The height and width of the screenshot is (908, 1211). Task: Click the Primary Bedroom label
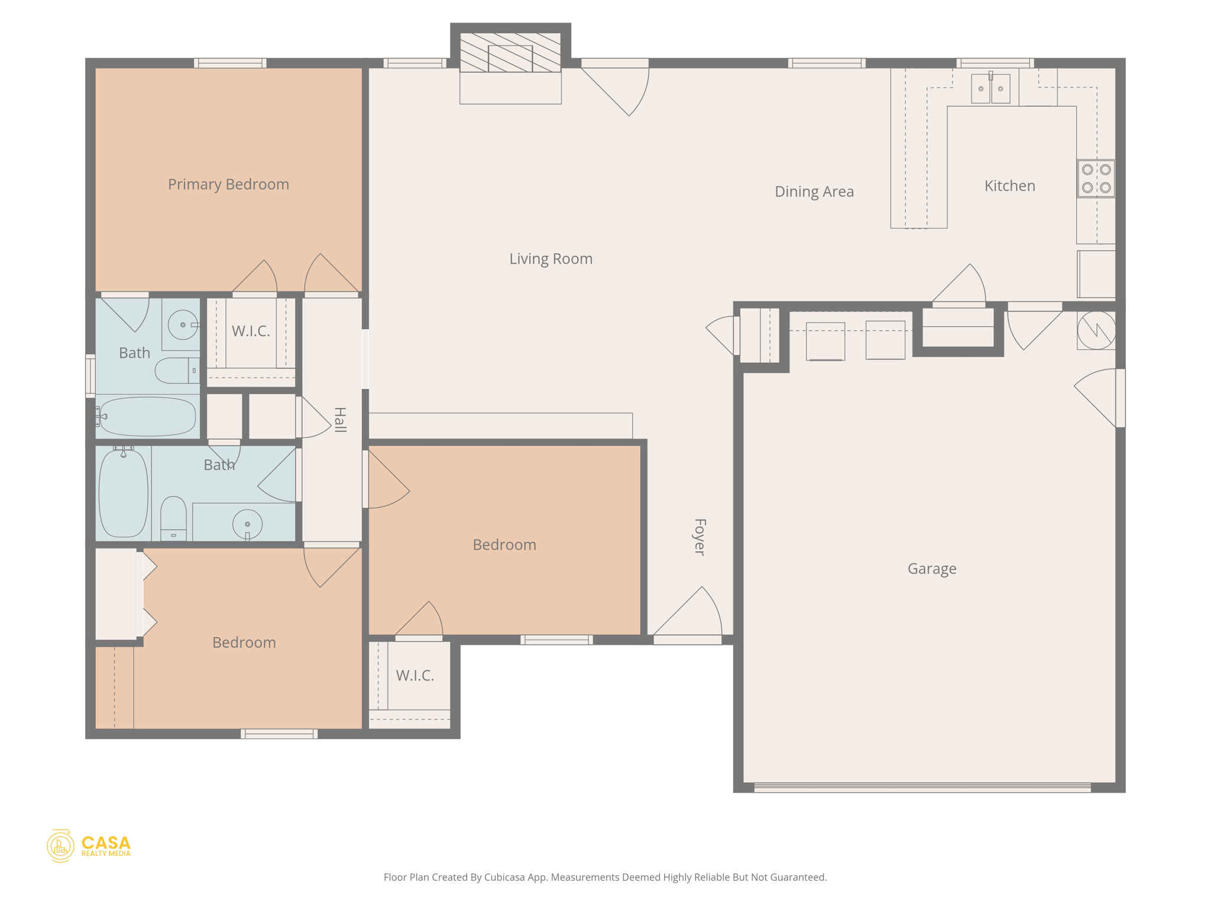tap(228, 184)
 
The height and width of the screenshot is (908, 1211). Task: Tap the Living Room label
tap(551, 259)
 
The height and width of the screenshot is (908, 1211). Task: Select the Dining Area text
tap(814, 192)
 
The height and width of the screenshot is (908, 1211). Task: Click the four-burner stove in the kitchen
tap(1096, 179)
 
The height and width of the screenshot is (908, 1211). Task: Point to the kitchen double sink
tap(990, 89)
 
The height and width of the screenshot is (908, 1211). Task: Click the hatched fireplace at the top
tap(510, 53)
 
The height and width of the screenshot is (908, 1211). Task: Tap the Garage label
tap(931, 569)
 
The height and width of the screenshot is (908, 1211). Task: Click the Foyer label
tap(700, 537)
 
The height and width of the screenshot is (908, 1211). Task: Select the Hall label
tap(339, 420)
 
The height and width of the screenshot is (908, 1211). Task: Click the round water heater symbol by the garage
tap(1096, 330)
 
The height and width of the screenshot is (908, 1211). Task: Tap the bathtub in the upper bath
tap(147, 416)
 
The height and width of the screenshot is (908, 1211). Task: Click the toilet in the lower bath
tap(173, 518)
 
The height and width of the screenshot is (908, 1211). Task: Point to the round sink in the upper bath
tap(183, 325)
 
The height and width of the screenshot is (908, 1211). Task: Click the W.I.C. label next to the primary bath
tap(251, 331)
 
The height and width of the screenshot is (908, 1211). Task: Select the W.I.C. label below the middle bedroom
tap(415, 676)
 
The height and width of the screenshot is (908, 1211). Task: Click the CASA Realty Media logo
tap(89, 846)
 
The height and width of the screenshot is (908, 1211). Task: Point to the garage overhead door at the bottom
tap(922, 787)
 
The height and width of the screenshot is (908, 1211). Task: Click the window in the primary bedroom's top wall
tap(230, 63)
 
